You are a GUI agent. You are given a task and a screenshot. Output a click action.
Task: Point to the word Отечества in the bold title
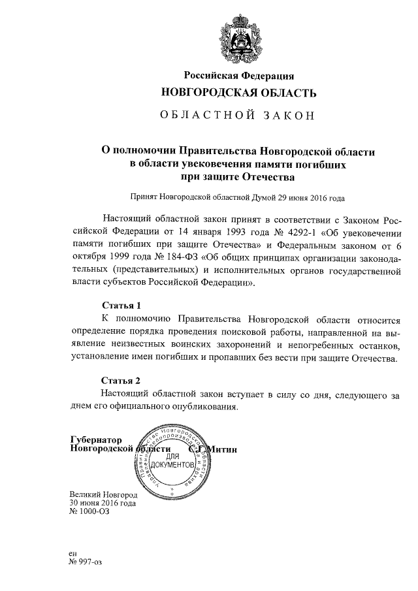[267, 176]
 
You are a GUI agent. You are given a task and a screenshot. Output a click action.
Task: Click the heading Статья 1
[121, 305]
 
